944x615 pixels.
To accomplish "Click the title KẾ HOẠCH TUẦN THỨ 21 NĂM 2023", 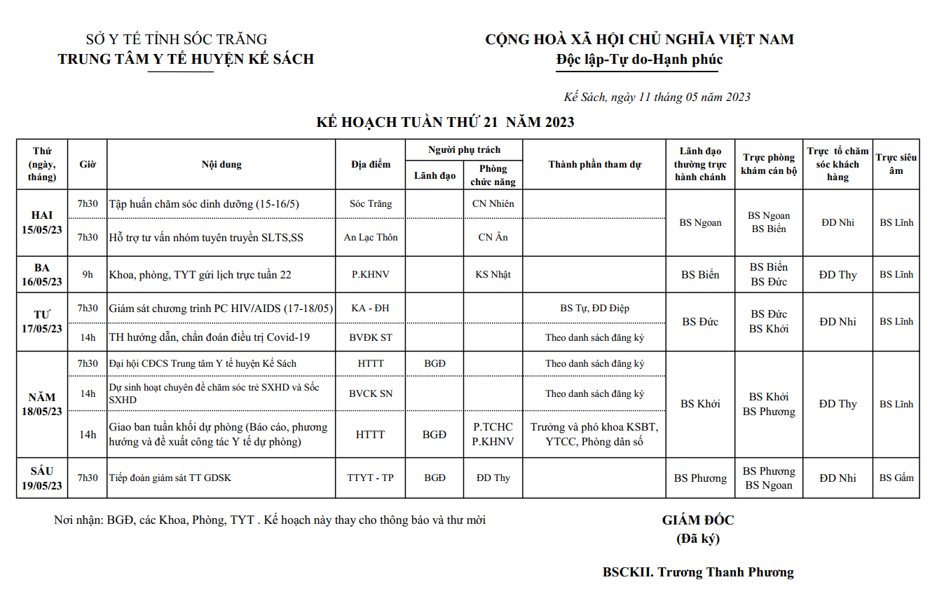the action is (445, 123).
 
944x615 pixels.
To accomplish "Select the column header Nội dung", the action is (221, 165).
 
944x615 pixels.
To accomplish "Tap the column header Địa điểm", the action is (371, 165).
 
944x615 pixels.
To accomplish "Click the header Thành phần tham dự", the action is (594, 165).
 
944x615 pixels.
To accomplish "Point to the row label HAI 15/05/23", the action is (42, 222).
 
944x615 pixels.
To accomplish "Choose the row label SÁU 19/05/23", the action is (42, 478).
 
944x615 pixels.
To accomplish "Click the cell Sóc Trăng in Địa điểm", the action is (371, 204).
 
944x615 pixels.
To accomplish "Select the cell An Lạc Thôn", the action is (371, 238).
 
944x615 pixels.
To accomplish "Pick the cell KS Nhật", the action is (493, 275).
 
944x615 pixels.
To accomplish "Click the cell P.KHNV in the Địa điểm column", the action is (371, 275).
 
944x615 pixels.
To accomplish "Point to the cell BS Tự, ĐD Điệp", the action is (594, 308).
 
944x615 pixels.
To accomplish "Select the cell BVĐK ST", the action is (371, 337).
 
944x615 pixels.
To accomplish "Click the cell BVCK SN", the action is (371, 393).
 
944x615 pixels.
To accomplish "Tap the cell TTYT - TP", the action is (371, 478).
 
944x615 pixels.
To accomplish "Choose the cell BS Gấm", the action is (896, 478).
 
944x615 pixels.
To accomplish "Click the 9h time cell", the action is (88, 275).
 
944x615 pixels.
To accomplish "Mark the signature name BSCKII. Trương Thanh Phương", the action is (698, 572).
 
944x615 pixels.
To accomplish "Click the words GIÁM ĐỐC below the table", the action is (698, 520).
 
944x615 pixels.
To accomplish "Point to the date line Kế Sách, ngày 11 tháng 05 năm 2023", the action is (657, 97).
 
